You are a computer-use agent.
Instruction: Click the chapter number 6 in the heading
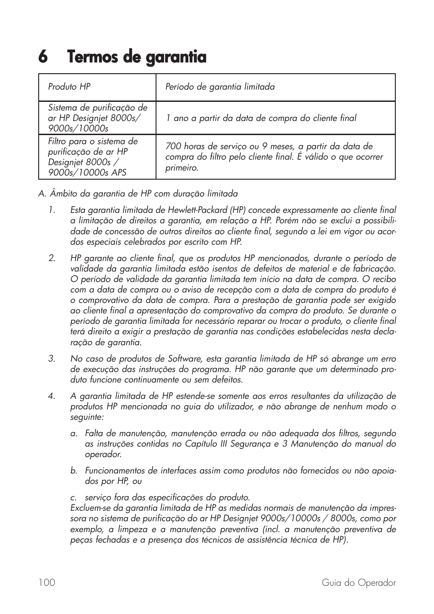click(x=43, y=57)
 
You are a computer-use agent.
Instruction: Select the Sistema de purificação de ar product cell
click(x=97, y=118)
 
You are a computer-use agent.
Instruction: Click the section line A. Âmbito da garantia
click(x=138, y=194)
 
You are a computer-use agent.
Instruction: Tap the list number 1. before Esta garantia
click(x=52, y=210)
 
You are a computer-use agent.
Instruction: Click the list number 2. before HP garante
click(x=52, y=258)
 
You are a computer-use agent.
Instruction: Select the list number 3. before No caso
click(x=52, y=359)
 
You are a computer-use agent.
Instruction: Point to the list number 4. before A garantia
click(x=52, y=396)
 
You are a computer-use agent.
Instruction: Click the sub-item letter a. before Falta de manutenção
click(x=74, y=433)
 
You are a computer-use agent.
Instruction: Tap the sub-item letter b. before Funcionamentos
click(x=74, y=471)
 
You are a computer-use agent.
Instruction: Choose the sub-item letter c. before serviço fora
click(x=74, y=498)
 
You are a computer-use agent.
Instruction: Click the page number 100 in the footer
click(x=47, y=583)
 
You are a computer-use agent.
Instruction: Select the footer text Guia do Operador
click(x=358, y=583)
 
